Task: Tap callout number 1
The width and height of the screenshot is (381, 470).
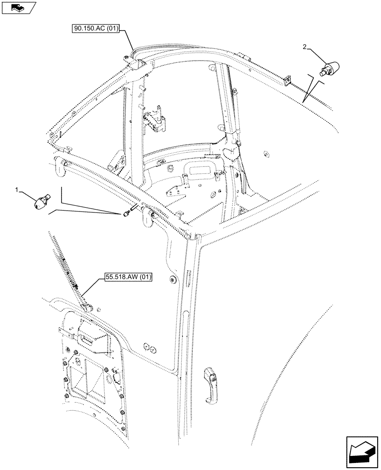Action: pyautogui.click(x=17, y=189)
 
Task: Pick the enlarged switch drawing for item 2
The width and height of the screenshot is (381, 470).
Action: pyautogui.click(x=329, y=69)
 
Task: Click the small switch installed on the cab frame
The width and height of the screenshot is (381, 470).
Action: pyautogui.click(x=126, y=214)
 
